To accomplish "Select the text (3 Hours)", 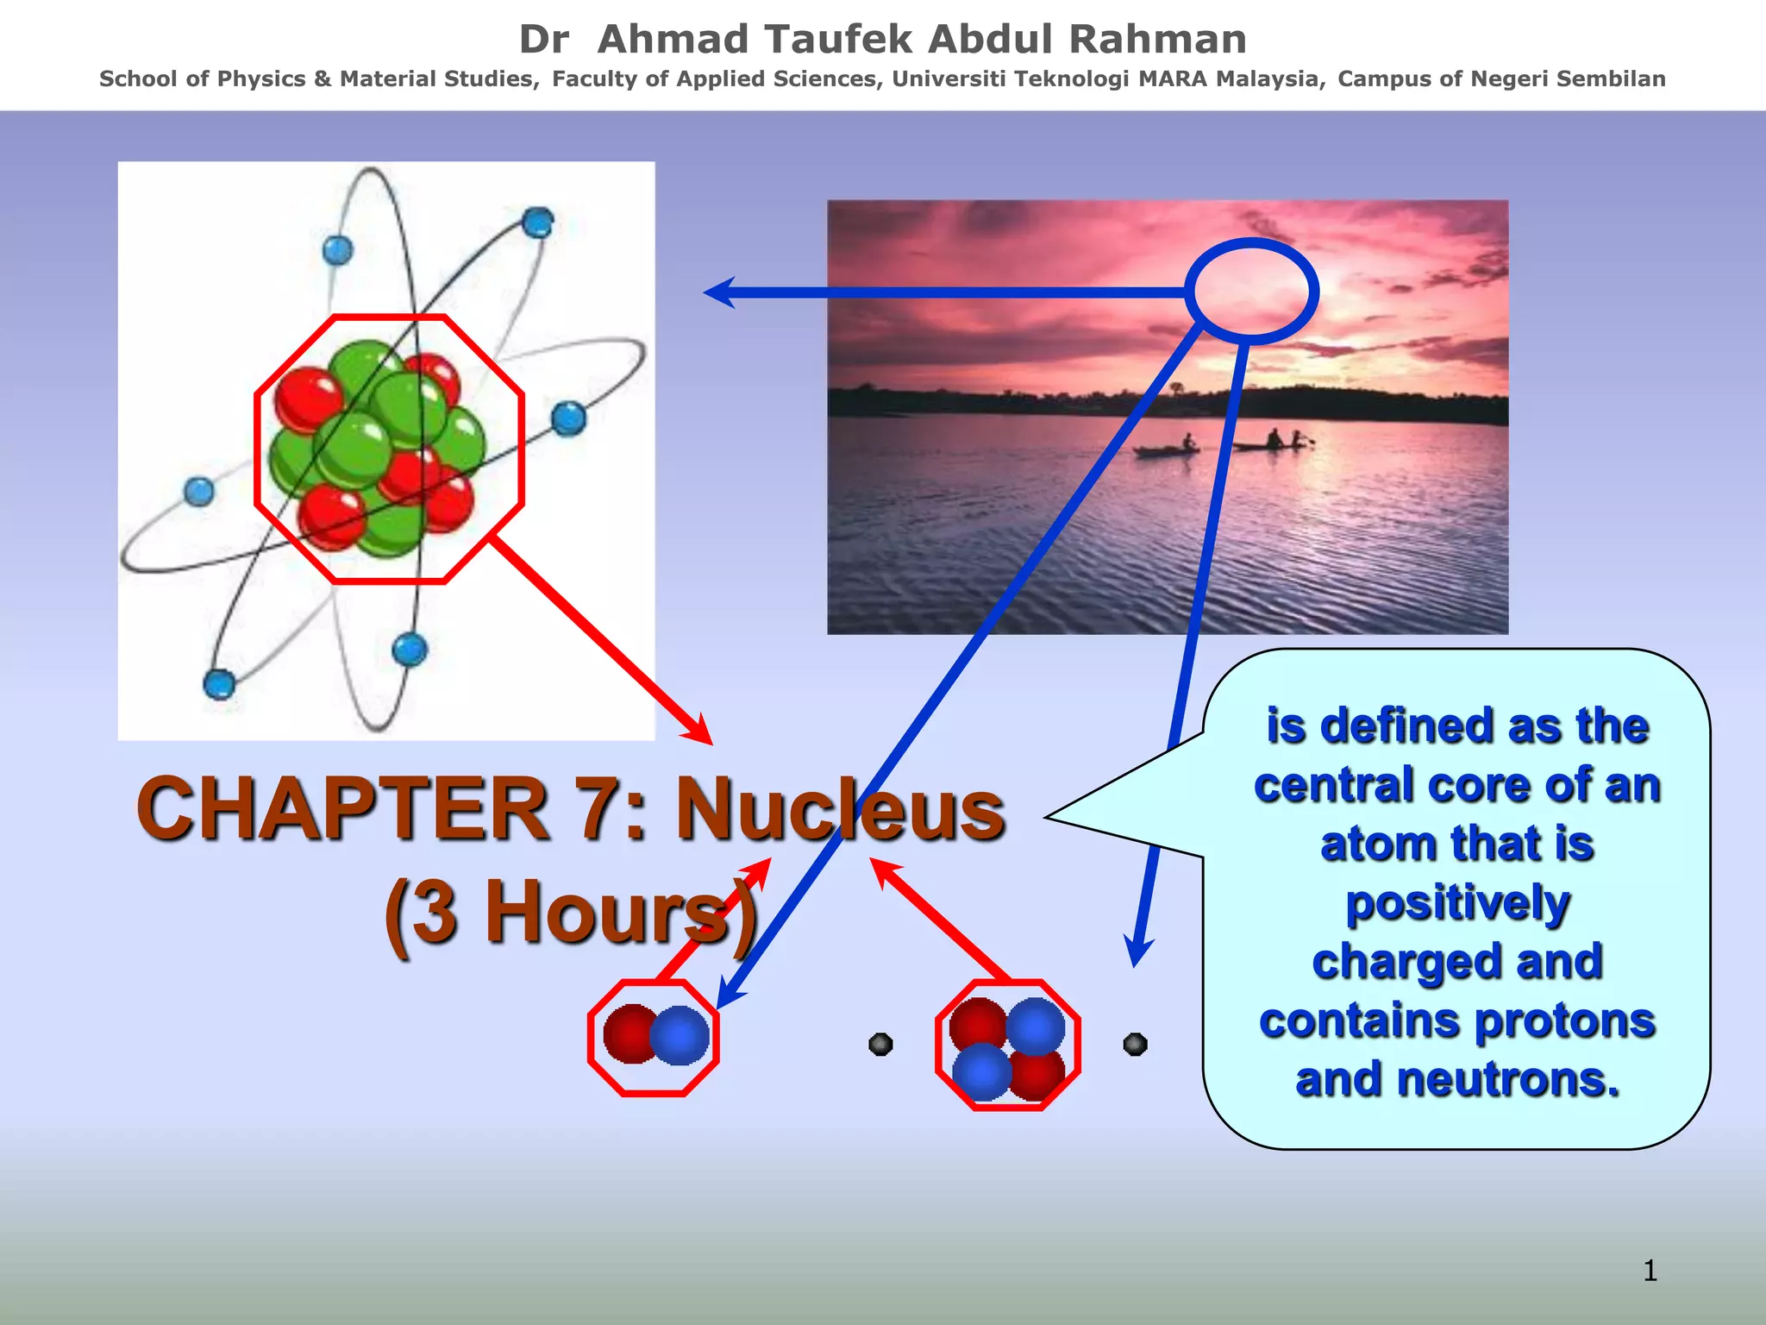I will [570, 913].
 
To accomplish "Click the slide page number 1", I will [1649, 1271].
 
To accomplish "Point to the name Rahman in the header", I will [1157, 40].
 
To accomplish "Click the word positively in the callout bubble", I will [1457, 903].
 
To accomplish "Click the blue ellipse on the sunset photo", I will [1251, 292].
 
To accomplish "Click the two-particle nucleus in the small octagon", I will [654, 1035].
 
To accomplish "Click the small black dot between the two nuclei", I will [880, 1045].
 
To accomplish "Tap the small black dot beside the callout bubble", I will [1135, 1045].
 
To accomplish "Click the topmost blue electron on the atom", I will [537, 223].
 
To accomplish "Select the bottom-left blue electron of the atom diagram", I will [219, 684].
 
